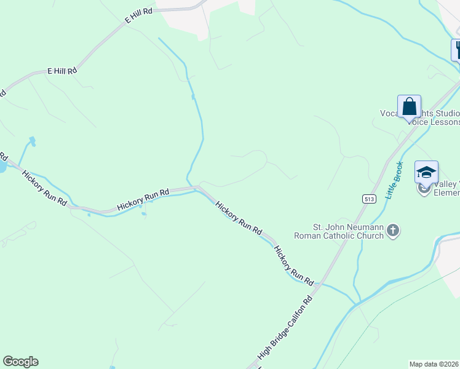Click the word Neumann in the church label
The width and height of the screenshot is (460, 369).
coord(367,228)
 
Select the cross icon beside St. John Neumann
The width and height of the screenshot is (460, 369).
coord(394,231)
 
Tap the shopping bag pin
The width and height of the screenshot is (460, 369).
coord(409,107)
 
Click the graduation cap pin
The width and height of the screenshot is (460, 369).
coord(426,173)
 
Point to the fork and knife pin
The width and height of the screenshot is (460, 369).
coord(457,49)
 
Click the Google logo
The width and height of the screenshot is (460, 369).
coord(20,362)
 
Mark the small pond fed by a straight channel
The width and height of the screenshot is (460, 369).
coord(32,141)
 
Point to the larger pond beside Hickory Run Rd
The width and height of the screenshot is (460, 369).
coord(2,167)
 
